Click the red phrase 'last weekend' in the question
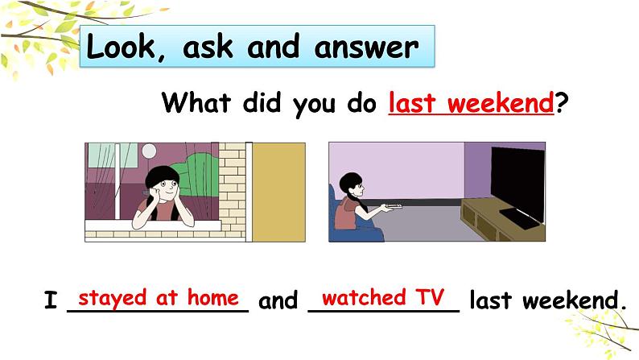[x=471, y=103]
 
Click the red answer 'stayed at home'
[x=159, y=297]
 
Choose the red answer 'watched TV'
[x=383, y=297]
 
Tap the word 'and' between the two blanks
[x=278, y=302]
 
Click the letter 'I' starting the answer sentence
[x=51, y=302]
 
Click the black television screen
[x=517, y=181]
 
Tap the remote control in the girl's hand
[x=392, y=207]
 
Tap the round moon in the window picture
[x=149, y=151]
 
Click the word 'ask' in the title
[x=213, y=48]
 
